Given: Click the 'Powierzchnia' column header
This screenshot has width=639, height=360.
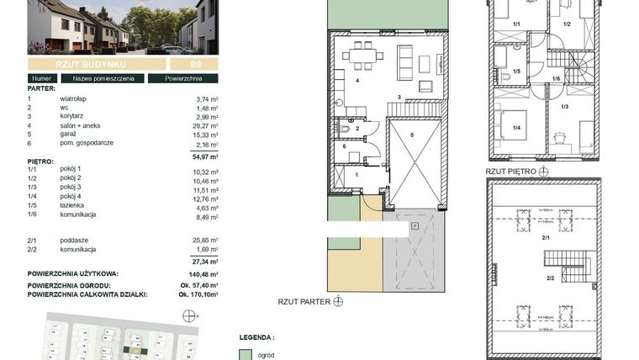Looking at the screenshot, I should [182, 79].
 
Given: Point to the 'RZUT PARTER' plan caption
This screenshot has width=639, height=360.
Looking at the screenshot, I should [304, 300].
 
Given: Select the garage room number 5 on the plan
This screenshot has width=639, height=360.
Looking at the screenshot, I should [413, 135].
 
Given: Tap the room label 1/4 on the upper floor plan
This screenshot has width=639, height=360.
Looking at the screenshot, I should [515, 128].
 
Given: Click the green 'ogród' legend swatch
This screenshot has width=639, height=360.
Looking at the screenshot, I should [245, 355].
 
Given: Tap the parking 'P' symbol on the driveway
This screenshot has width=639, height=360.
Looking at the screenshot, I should [414, 225].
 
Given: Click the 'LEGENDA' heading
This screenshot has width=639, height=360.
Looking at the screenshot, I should [257, 336].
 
